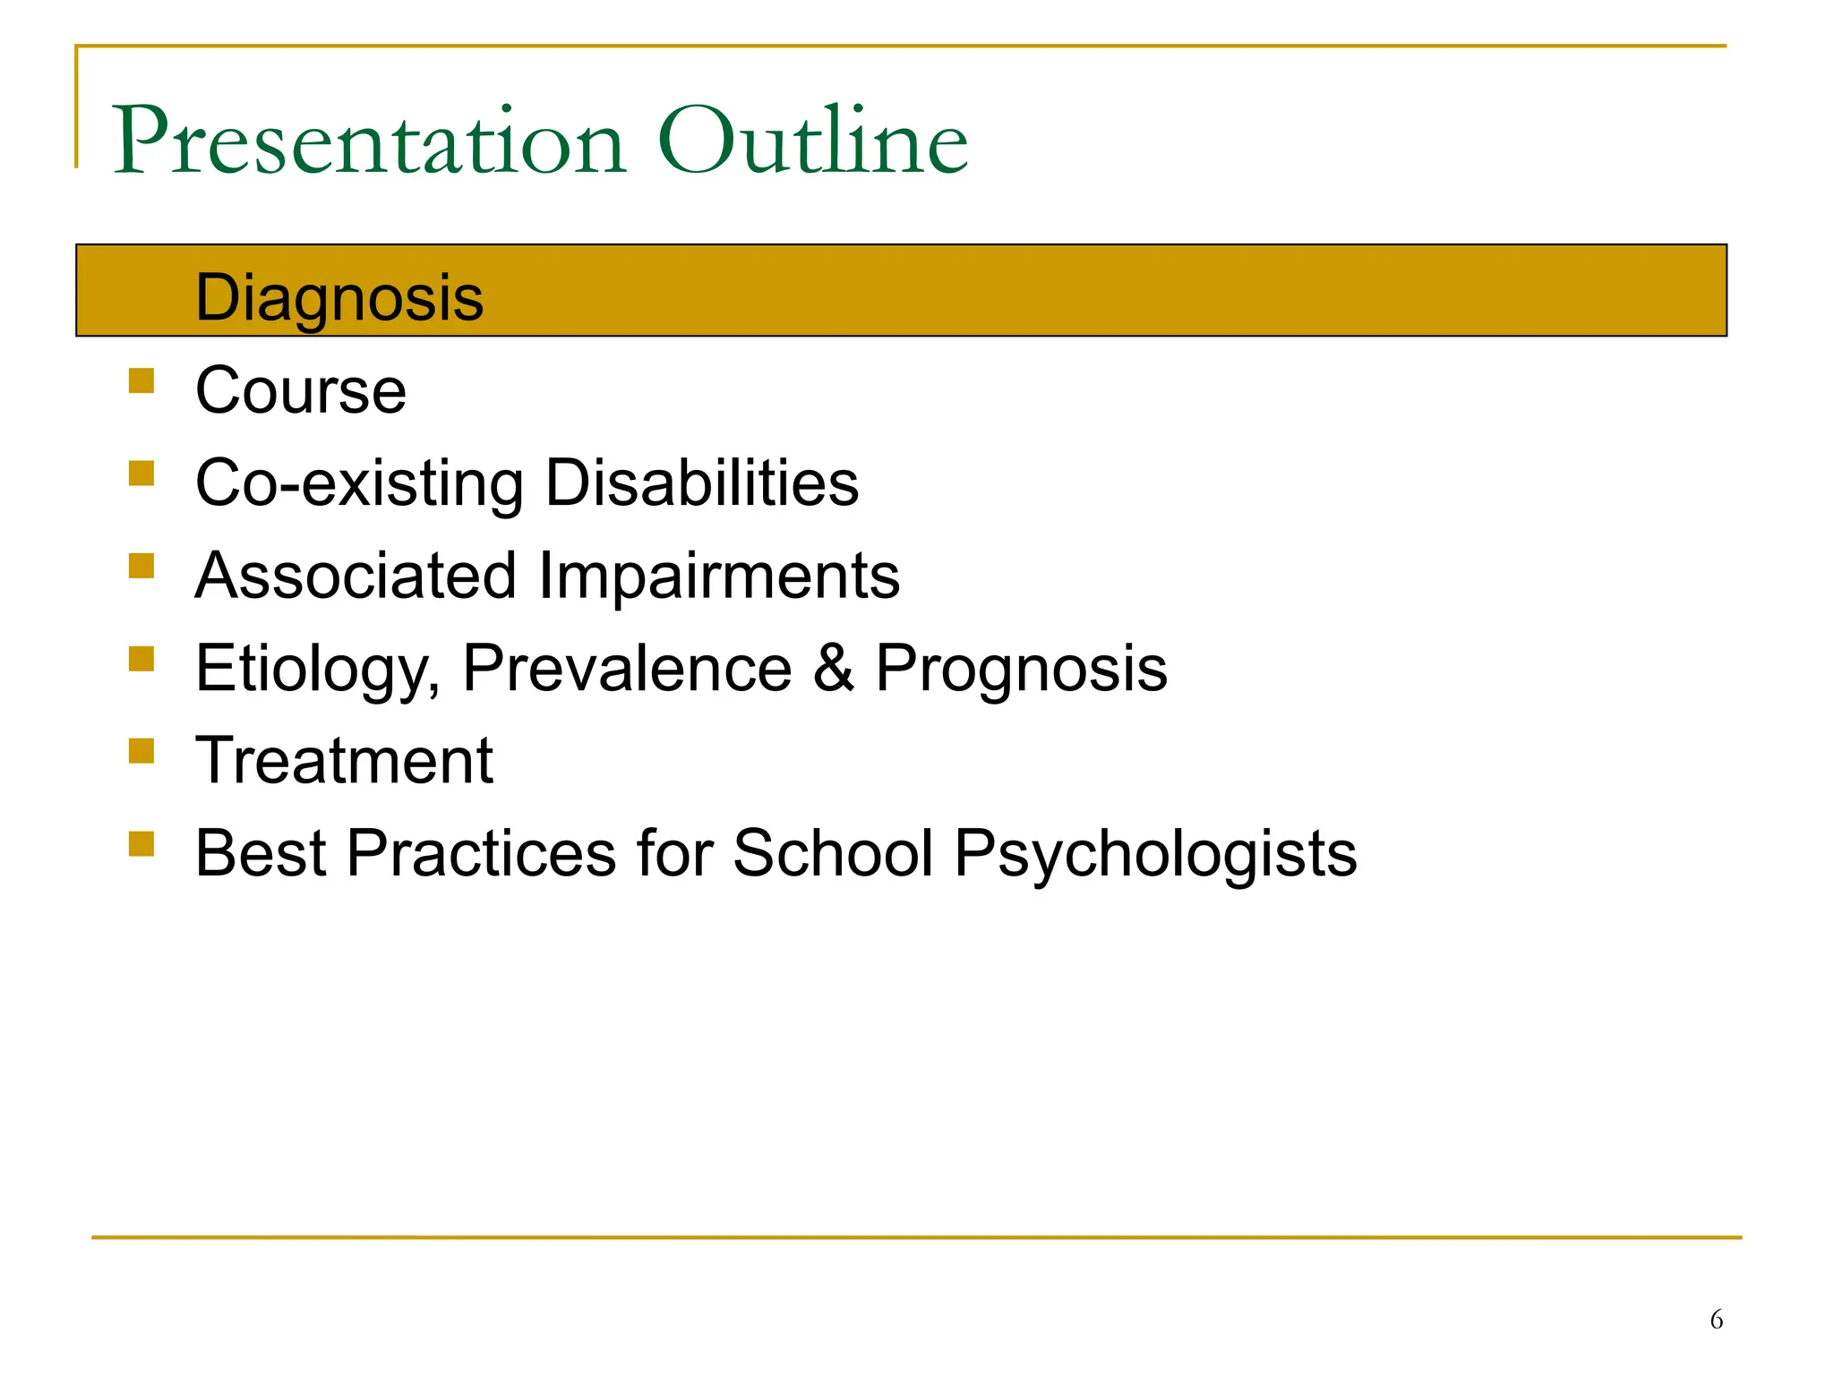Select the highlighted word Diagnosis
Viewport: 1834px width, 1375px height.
tap(339, 298)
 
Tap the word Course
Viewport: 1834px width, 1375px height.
tap(301, 391)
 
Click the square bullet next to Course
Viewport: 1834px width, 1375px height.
tap(141, 381)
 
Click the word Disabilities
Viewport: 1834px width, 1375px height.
tap(701, 483)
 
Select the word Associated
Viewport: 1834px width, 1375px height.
tap(356, 576)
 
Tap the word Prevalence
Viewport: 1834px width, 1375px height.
tap(627, 669)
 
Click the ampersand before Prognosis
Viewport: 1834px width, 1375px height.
tap(833, 669)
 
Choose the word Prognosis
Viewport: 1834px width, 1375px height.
tap(1021, 670)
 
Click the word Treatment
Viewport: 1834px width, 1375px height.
tap(344, 761)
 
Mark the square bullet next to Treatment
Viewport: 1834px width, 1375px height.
tap(141, 750)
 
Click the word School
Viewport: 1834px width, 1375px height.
tap(833, 853)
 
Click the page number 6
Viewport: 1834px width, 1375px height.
tap(1716, 1319)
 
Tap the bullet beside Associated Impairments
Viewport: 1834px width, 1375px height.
tap(141, 566)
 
